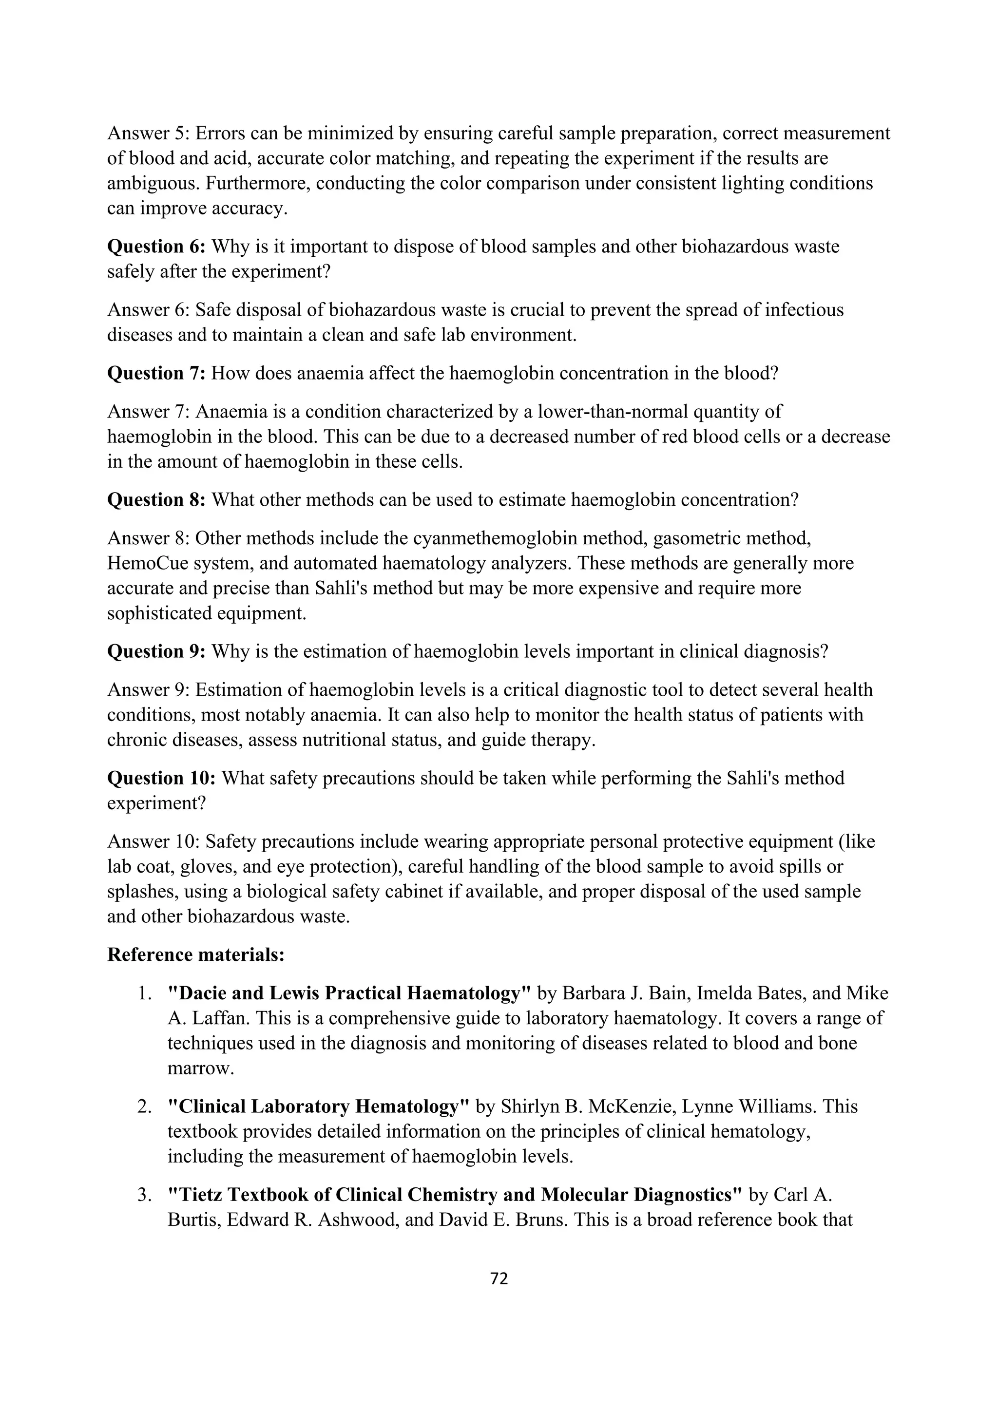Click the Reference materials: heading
click(195, 954)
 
